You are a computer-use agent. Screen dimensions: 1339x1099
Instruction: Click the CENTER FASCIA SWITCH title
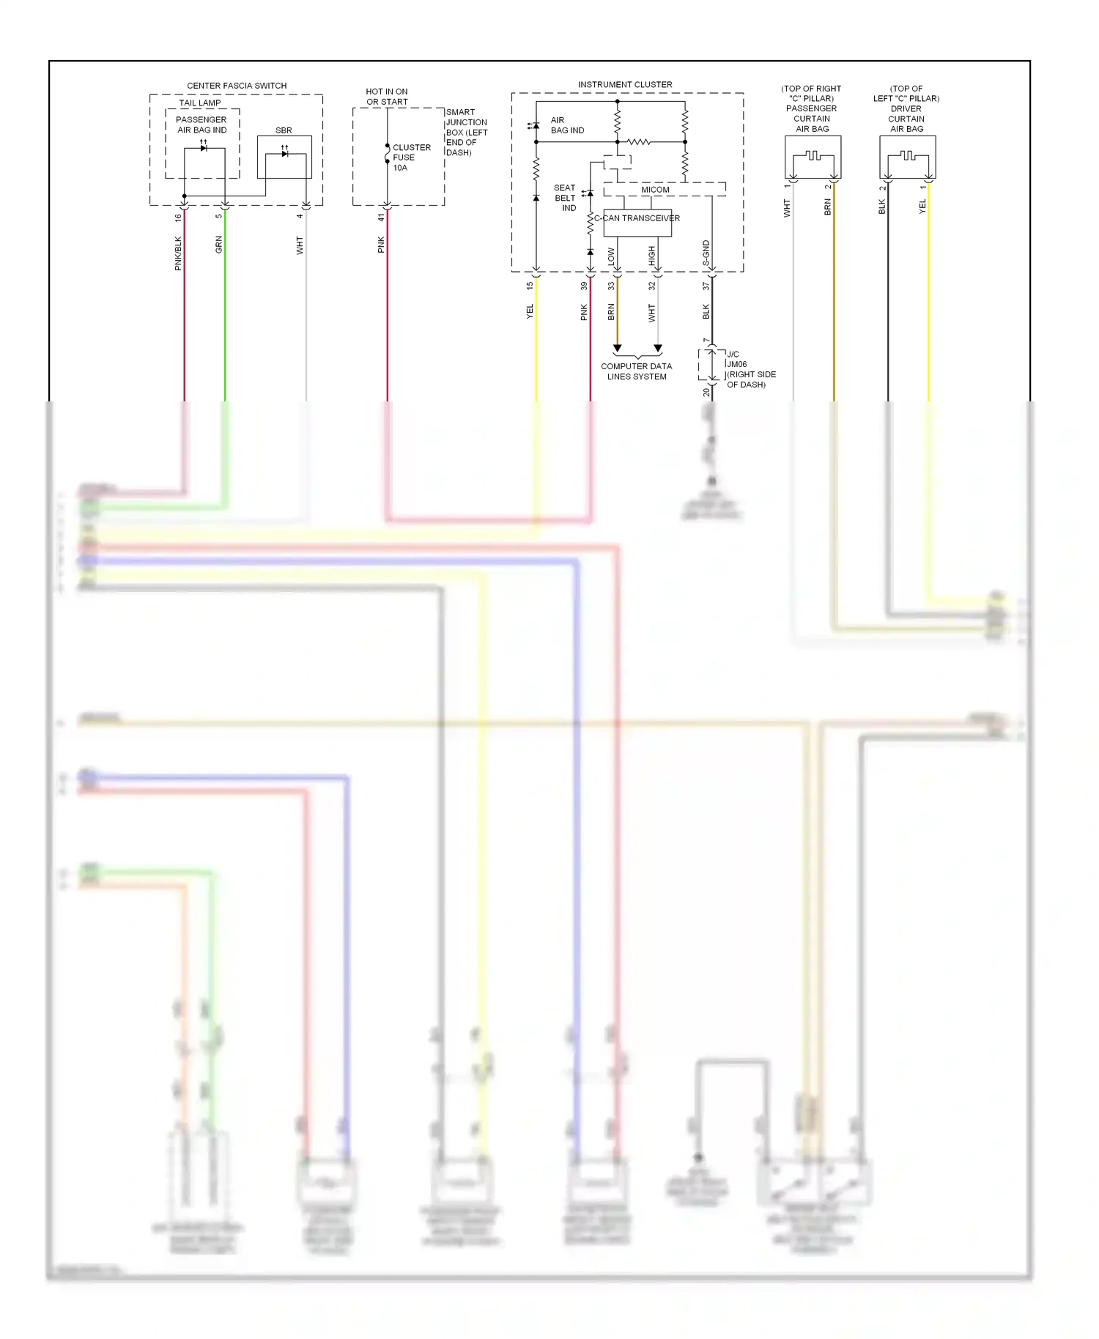click(237, 86)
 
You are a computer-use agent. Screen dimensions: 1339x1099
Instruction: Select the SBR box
click(284, 156)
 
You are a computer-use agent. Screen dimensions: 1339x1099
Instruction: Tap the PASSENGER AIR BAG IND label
click(201, 125)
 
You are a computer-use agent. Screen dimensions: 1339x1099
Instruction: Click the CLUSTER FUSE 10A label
click(411, 157)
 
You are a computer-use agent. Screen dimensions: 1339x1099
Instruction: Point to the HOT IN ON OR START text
click(387, 97)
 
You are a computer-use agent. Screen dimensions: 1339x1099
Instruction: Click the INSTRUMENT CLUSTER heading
click(625, 84)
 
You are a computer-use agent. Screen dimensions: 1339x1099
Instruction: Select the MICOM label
click(655, 190)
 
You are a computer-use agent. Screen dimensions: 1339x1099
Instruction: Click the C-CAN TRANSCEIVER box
click(637, 223)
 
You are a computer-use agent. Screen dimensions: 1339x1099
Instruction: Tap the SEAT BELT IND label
click(565, 198)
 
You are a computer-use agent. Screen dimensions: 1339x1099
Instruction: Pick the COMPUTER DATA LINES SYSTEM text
click(636, 371)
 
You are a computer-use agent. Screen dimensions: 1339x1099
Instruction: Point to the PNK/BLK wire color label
click(178, 253)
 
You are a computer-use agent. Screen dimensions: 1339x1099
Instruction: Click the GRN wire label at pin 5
click(218, 245)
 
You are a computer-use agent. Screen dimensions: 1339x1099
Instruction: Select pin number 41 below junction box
click(381, 218)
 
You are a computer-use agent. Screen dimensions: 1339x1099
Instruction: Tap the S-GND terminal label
click(706, 253)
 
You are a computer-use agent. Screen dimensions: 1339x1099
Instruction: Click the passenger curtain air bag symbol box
click(813, 157)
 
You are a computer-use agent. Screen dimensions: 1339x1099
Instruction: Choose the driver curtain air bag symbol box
click(907, 157)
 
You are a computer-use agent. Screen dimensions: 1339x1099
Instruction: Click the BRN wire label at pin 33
click(611, 313)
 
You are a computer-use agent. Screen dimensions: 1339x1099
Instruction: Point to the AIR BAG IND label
click(567, 125)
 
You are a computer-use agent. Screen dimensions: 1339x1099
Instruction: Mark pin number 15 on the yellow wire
click(530, 286)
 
